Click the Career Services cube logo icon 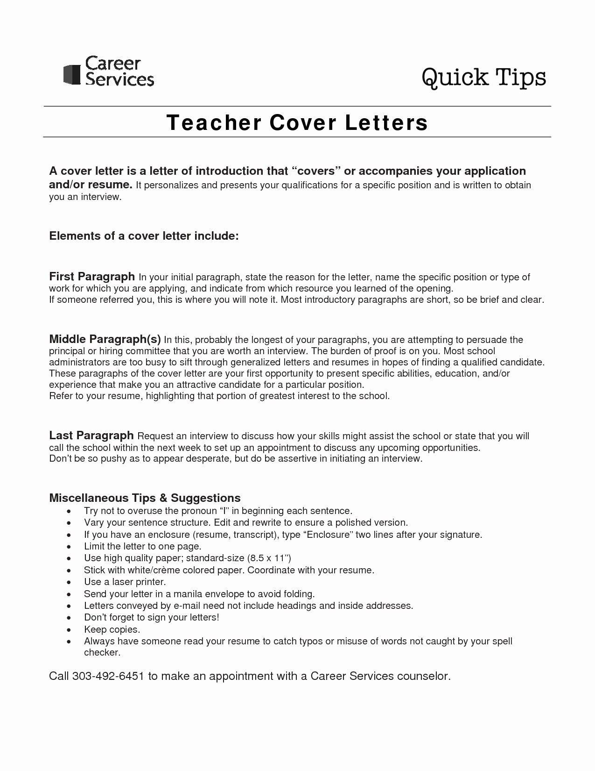click(x=72, y=74)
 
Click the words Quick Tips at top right click(x=484, y=78)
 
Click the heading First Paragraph click(x=92, y=276)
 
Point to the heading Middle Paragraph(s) click(x=105, y=339)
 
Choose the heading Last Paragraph click(x=91, y=435)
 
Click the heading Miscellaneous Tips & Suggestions click(x=145, y=498)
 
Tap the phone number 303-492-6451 click(x=108, y=676)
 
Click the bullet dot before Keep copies click(x=69, y=630)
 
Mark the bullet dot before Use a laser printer click(x=69, y=582)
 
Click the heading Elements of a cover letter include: click(x=144, y=236)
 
